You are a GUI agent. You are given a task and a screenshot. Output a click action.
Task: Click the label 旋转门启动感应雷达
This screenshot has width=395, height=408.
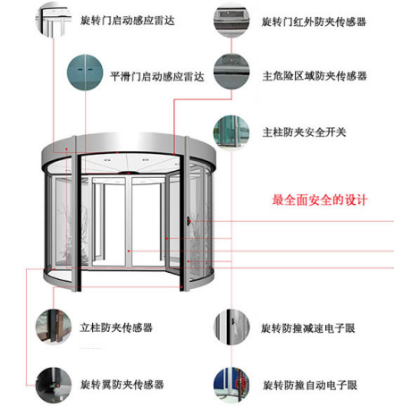(128, 21)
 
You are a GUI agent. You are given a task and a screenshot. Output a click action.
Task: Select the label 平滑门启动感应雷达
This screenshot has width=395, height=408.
(157, 77)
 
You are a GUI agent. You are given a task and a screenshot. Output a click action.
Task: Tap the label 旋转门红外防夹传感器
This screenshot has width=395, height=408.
(314, 21)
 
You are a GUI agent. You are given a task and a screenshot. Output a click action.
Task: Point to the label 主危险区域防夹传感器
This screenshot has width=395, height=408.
(315, 76)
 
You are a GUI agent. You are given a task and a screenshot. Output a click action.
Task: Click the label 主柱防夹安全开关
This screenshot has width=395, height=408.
(304, 132)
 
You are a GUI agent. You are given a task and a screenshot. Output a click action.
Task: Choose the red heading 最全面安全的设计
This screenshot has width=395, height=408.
(320, 200)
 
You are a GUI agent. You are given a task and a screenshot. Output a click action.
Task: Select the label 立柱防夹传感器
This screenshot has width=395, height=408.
(116, 327)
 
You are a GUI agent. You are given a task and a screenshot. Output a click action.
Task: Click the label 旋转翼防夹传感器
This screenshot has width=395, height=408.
(122, 385)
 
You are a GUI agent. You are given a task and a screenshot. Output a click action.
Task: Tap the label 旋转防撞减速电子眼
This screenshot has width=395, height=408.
(308, 328)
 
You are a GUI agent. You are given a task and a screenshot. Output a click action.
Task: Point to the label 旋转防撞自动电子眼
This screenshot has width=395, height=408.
(310, 385)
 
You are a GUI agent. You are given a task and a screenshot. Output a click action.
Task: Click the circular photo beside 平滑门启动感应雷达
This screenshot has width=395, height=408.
(85, 72)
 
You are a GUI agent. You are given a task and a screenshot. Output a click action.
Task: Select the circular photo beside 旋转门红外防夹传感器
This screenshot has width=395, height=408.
(231, 21)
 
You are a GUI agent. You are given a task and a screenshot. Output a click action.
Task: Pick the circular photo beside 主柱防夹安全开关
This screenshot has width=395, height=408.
(231, 132)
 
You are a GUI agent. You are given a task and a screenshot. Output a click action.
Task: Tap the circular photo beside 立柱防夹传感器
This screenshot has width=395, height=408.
(54, 327)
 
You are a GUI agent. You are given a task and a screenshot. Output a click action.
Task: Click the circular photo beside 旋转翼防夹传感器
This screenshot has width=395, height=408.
(54, 385)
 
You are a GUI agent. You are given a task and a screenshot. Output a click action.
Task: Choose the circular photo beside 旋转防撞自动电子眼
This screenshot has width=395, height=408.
(231, 385)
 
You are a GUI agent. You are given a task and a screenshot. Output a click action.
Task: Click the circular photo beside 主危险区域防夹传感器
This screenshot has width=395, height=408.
(231, 72)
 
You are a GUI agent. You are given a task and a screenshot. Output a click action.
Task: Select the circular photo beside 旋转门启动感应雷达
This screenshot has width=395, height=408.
(54, 21)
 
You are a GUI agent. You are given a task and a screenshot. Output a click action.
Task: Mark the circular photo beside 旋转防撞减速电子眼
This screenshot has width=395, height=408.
(231, 327)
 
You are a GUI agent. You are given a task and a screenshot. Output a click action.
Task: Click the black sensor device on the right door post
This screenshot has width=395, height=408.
(189, 221)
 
